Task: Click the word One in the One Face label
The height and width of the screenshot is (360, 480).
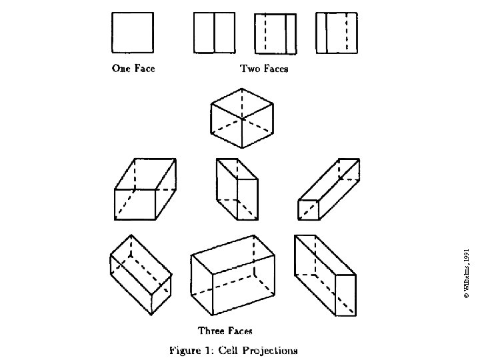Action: click(x=121, y=68)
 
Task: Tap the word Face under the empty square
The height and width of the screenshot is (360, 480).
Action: click(x=143, y=68)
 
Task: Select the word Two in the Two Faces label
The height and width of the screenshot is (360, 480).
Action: click(x=249, y=68)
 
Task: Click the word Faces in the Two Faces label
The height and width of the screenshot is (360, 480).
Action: click(x=275, y=68)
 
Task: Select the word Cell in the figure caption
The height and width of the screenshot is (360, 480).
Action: click(x=228, y=350)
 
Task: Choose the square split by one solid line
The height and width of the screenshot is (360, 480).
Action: click(x=214, y=33)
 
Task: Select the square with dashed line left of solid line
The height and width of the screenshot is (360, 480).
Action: click(x=275, y=33)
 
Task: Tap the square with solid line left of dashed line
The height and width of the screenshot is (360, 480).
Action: click(x=336, y=33)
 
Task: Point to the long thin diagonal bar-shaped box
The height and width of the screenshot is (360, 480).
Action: click(x=328, y=189)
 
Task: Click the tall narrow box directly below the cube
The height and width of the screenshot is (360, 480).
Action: click(x=237, y=189)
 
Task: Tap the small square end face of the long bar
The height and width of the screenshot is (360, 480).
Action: click(x=309, y=209)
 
